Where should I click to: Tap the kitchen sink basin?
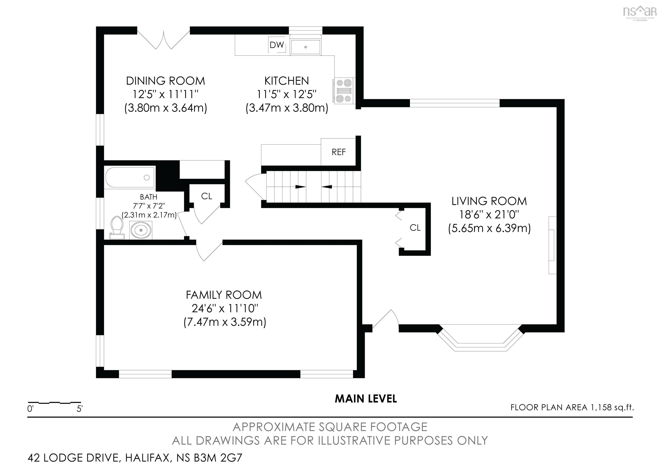tap(305, 47)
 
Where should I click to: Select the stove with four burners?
tap(344, 91)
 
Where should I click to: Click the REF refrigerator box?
tap(338, 152)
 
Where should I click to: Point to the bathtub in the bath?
tap(130, 178)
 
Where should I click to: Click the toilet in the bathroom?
tap(117, 227)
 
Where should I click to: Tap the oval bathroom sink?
tap(141, 230)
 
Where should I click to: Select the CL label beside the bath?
tap(206, 196)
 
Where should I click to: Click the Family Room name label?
tap(224, 295)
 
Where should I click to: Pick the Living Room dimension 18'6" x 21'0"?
tap(489, 215)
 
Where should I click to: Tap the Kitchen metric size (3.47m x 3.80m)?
tap(287, 108)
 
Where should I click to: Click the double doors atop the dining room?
tap(163, 40)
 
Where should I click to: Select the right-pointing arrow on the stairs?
tap(300, 187)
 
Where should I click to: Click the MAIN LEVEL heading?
tap(366, 399)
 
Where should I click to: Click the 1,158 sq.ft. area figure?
tap(612, 407)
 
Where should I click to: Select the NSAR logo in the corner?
tap(639, 12)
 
